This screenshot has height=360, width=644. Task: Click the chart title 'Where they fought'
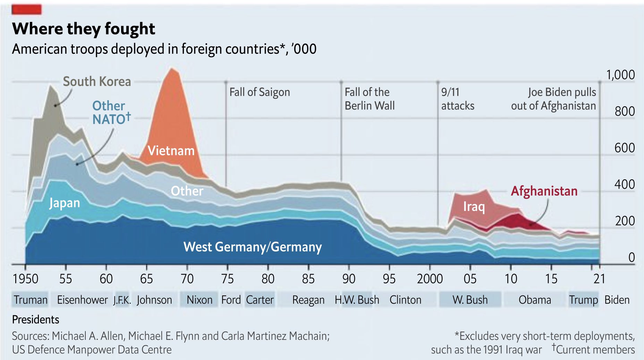click(83, 28)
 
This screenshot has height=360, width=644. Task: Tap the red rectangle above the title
click(27, 9)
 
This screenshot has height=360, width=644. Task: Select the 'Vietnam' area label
click(171, 151)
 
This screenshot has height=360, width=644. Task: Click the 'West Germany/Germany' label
click(253, 247)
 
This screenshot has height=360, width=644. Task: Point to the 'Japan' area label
click(65, 203)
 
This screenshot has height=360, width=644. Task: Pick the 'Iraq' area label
click(474, 207)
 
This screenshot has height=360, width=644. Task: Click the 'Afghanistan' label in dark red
click(544, 191)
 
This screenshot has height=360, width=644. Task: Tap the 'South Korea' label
click(97, 82)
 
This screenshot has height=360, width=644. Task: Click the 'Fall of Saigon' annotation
click(260, 92)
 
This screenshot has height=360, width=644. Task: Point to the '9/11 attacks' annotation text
click(458, 99)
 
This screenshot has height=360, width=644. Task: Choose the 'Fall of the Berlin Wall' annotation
click(370, 99)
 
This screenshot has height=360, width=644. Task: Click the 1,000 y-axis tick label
click(620, 75)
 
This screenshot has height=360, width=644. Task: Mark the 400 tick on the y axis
click(625, 185)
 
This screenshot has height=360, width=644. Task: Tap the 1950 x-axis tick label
click(25, 279)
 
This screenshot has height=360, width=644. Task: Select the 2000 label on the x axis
click(430, 279)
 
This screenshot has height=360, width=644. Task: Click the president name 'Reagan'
click(308, 300)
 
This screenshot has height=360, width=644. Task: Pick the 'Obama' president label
click(535, 300)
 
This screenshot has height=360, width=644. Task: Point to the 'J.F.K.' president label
click(122, 300)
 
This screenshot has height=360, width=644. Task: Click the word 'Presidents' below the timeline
click(36, 319)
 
